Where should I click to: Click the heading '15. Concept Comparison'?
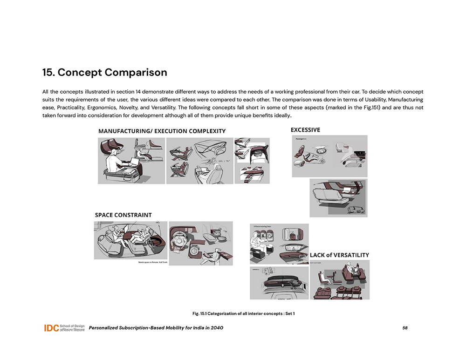click(104, 73)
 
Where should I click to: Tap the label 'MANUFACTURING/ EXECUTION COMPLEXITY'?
click(162, 131)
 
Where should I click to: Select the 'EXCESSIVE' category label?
click(305, 130)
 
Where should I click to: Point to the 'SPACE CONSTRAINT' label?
click(123, 215)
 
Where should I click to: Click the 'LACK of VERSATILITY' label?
click(339, 255)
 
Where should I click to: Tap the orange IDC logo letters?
click(51, 328)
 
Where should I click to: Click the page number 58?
click(404, 328)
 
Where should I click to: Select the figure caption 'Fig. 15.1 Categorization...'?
click(243, 313)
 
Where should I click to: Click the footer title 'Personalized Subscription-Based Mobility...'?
click(156, 328)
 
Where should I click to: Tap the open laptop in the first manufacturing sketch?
click(134, 163)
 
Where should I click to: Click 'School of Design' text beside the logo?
click(72, 326)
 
